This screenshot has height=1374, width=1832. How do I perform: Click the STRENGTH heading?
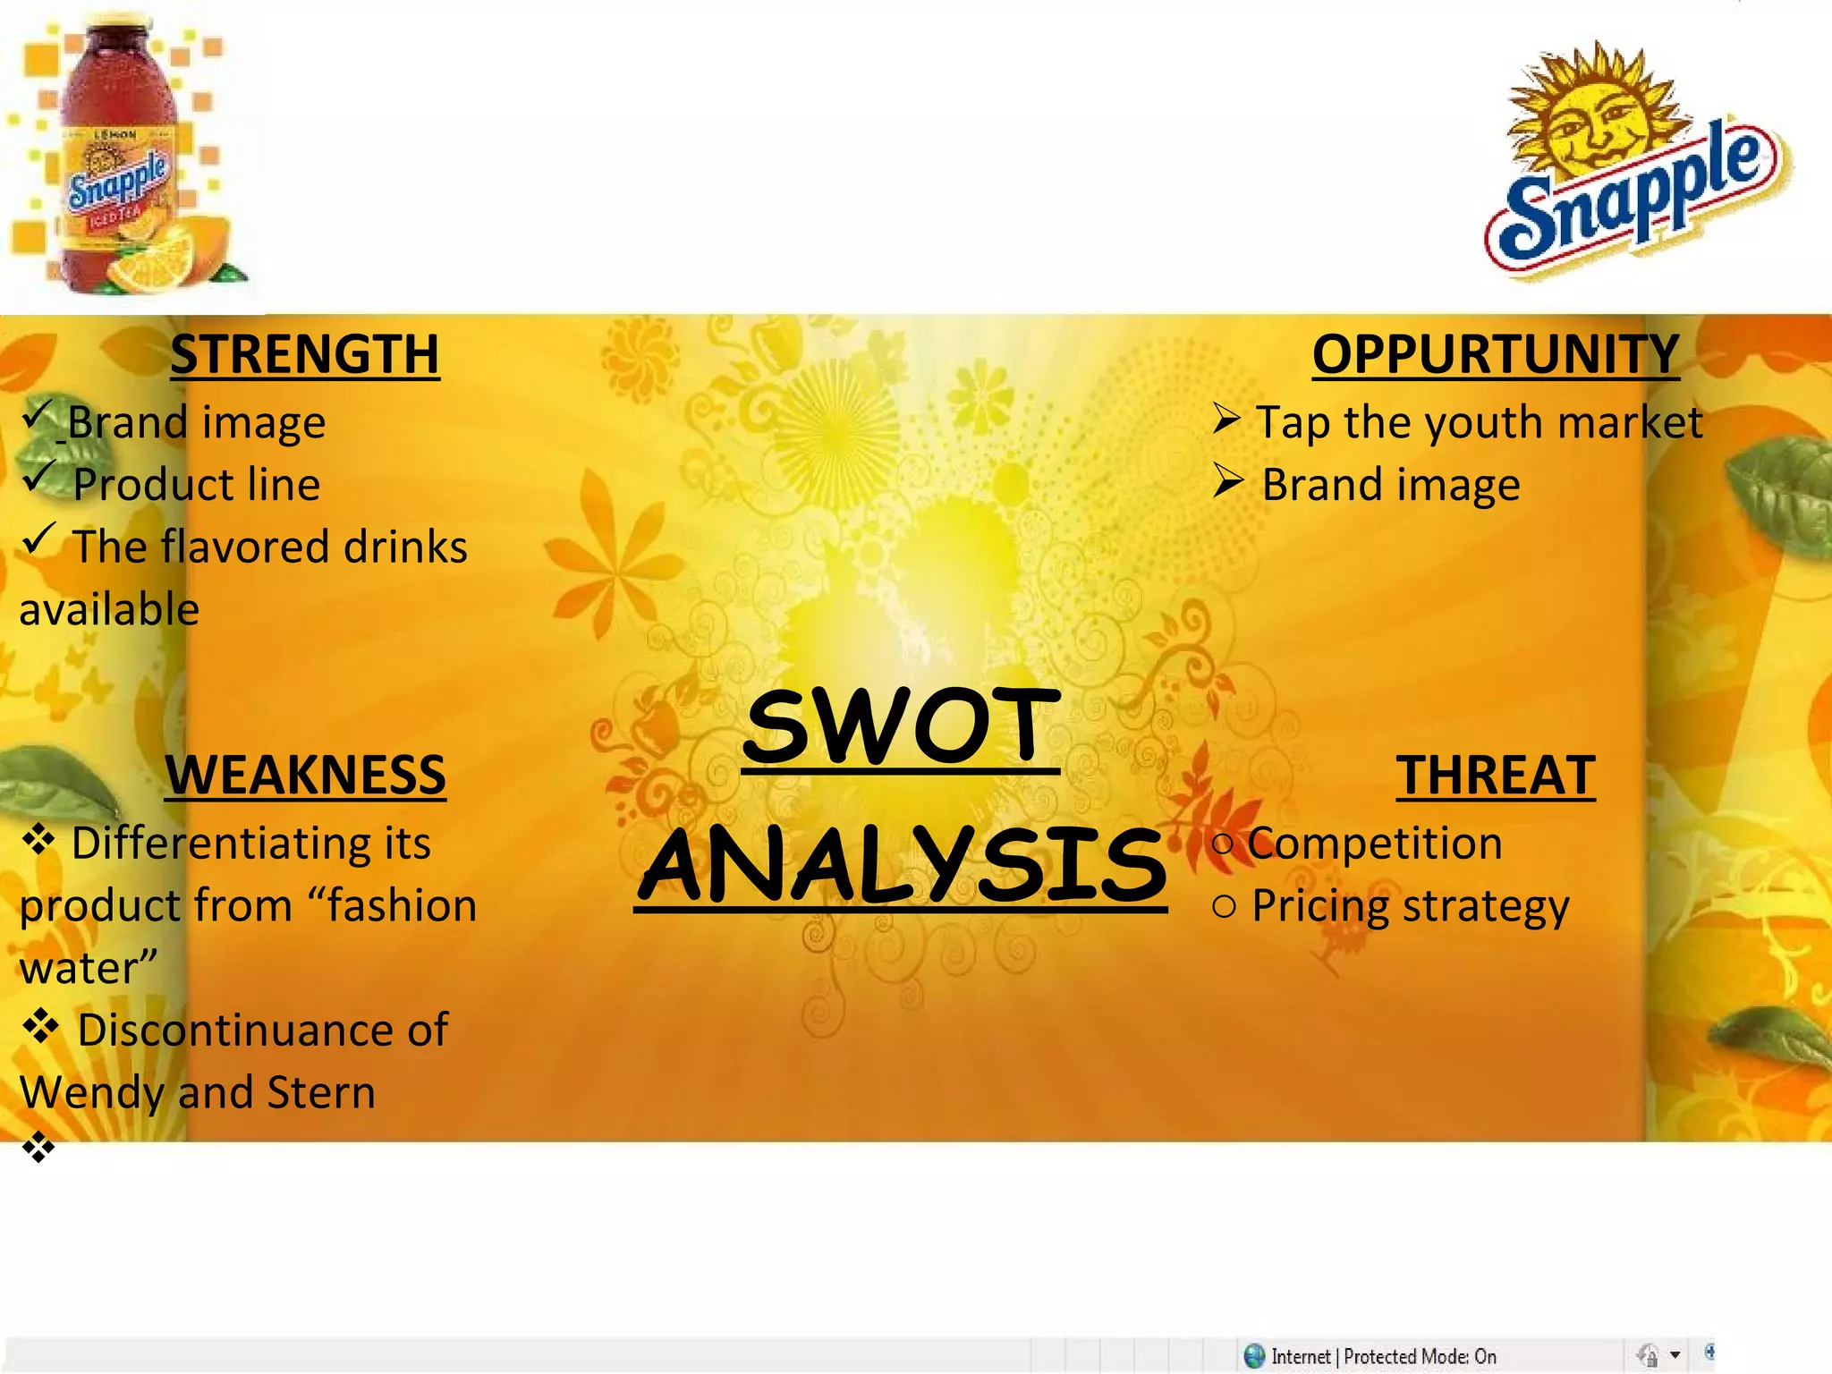click(x=304, y=354)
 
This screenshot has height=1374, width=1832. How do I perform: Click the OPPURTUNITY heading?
click(x=1496, y=354)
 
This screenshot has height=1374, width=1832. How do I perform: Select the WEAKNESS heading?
click(x=305, y=775)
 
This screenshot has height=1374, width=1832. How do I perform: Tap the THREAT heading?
click(x=1496, y=775)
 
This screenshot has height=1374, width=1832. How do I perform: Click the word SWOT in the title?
click(x=902, y=726)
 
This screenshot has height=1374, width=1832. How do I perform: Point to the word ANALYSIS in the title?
click(x=902, y=865)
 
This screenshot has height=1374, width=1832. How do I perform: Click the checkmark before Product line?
click(x=39, y=477)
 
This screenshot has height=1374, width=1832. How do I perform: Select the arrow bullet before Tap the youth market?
click(x=1226, y=418)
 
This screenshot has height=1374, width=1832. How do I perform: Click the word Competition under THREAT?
click(x=1375, y=844)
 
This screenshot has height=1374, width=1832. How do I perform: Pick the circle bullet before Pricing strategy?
click(x=1224, y=906)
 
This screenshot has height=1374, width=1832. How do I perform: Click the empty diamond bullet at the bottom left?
click(x=38, y=1146)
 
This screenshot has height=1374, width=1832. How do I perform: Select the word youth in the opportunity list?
click(x=1483, y=422)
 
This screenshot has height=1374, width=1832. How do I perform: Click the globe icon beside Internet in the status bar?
click(x=1254, y=1356)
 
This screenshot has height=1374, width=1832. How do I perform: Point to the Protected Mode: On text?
click(x=1420, y=1356)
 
